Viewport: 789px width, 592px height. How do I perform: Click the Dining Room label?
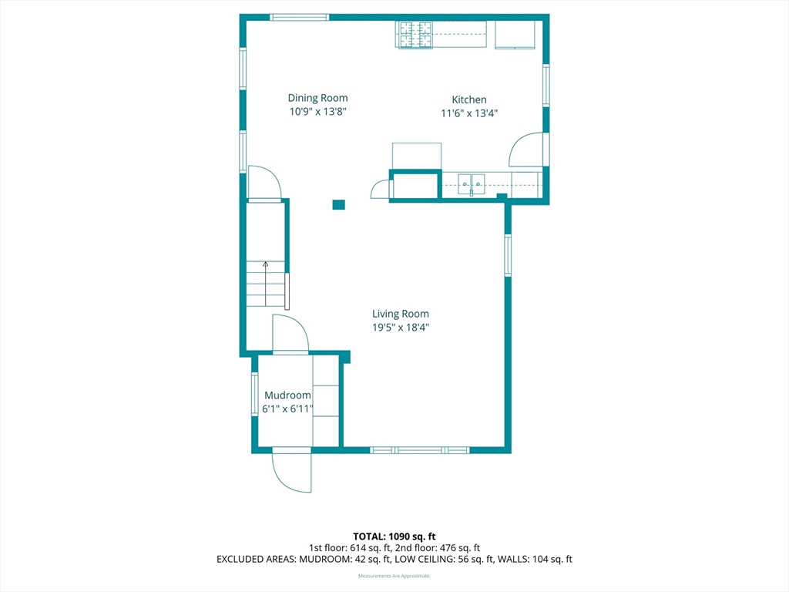tap(317, 98)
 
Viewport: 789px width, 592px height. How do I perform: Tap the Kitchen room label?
tap(469, 99)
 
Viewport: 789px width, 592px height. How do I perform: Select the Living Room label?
tap(401, 314)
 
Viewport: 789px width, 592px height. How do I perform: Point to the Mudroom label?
tap(287, 395)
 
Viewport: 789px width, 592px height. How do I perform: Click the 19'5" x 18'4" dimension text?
tap(401, 327)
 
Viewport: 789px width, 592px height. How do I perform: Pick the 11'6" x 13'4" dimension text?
tap(469, 113)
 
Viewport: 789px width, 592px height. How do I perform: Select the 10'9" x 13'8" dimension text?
tap(317, 111)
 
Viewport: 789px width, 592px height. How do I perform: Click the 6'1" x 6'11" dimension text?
tap(287, 409)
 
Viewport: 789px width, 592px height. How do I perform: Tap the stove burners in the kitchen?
tap(415, 35)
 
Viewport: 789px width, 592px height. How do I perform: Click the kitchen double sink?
tap(472, 184)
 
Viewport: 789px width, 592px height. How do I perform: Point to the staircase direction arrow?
tap(265, 284)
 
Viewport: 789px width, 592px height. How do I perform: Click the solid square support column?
tap(339, 204)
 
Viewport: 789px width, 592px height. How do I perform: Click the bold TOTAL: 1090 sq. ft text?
tap(394, 536)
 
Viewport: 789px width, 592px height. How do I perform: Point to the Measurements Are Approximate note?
tap(394, 576)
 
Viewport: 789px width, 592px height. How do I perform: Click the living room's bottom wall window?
tap(420, 450)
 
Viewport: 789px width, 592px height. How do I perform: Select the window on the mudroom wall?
tap(254, 394)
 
